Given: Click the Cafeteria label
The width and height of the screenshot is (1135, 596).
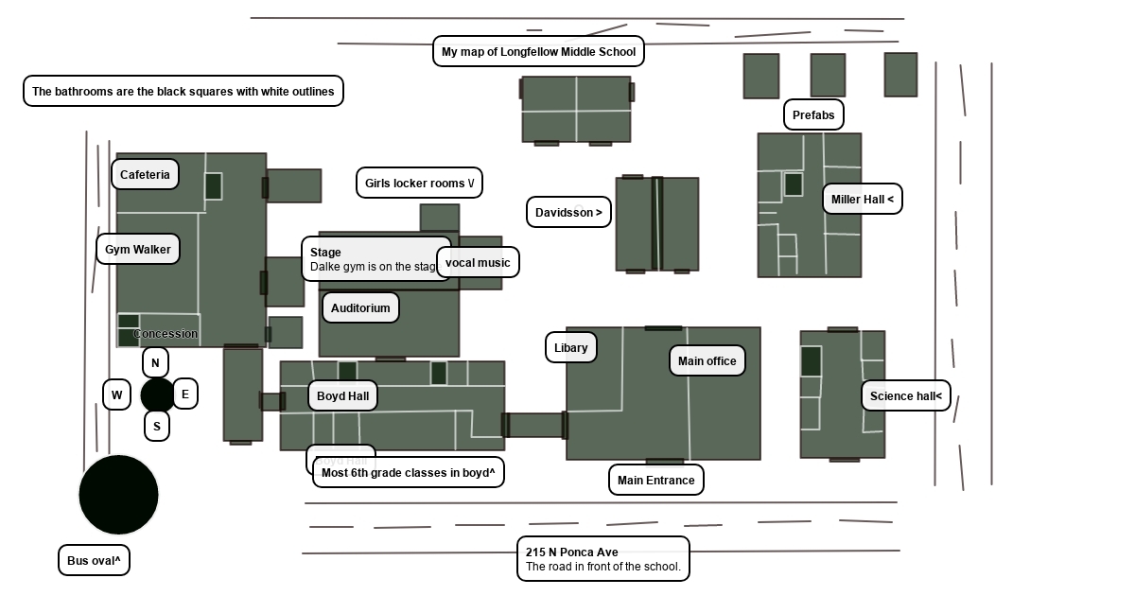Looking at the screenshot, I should point(145,174).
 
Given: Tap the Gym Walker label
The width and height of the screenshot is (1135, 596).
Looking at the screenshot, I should point(138,249).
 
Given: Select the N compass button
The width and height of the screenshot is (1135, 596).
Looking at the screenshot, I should point(156,362).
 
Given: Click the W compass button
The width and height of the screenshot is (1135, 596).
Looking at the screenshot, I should point(116,394).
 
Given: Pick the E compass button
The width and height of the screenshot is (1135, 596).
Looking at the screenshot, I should point(185,394).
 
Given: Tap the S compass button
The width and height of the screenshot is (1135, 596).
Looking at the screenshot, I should point(157,426).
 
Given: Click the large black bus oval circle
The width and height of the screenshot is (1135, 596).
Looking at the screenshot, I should point(119,495).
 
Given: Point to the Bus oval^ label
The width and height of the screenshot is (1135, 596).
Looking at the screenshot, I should point(94,560).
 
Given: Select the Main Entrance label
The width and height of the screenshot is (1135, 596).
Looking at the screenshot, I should point(655,480).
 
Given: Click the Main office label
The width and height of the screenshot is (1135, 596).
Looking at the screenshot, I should point(707,360).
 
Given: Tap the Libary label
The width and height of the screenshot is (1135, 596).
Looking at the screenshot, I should point(571,347).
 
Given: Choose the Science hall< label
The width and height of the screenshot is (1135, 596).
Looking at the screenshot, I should point(905,395).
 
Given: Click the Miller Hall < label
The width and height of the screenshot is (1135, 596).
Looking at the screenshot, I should point(862,199).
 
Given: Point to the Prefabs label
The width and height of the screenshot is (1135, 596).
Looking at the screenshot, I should point(813,114).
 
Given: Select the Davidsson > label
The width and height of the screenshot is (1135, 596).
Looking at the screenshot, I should point(568,212).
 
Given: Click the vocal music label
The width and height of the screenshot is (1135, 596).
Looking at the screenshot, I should point(478,262).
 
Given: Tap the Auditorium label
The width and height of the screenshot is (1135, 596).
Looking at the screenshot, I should point(360,307).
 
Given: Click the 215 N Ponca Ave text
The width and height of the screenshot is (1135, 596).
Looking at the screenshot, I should point(572,552).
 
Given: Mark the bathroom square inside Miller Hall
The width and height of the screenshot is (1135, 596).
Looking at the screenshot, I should point(794,184).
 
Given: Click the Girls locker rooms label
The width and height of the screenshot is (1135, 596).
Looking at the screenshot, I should point(419,183).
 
